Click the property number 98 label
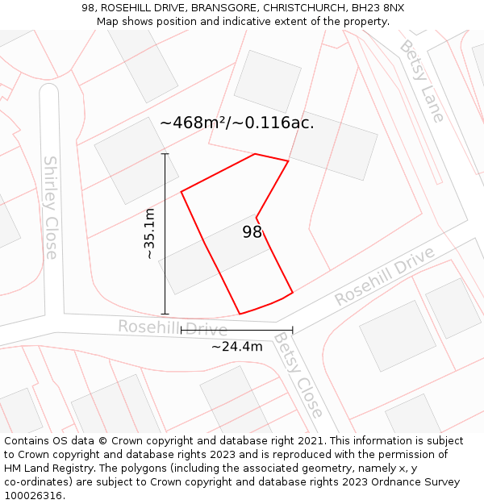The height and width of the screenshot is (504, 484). click(252, 232)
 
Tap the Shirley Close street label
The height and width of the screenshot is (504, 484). click(50, 207)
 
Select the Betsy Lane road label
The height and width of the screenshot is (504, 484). click(422, 81)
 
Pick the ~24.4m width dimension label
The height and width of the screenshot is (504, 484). click(236, 347)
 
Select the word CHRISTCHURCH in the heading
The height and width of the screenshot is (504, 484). click(303, 8)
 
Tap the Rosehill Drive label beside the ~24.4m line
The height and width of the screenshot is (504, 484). click(172, 327)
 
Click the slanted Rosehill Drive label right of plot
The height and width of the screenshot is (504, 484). click(384, 276)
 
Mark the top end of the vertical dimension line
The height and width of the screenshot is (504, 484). click(165, 153)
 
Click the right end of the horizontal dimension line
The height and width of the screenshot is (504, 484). click(292, 330)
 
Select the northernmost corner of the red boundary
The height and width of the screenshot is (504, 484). click(255, 154)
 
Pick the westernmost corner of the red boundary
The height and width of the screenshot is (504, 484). click(181, 191)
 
